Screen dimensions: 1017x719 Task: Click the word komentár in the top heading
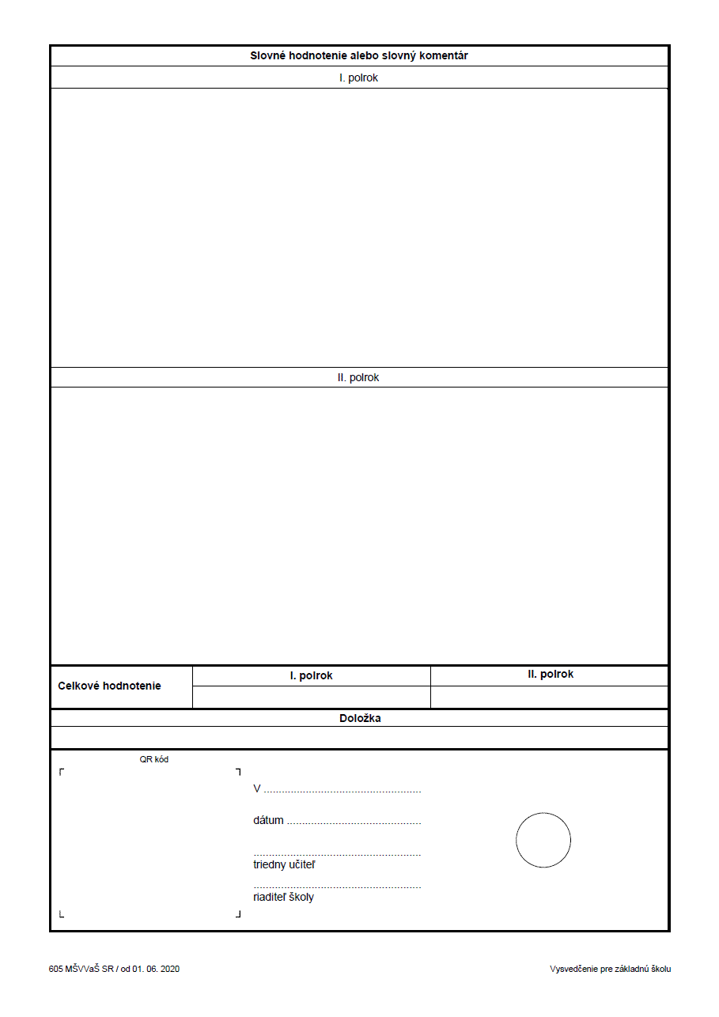(444, 56)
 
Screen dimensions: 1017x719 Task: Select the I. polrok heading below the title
(358, 78)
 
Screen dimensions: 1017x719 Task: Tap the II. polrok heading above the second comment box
(358, 378)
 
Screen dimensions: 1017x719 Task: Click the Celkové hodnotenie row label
(109, 686)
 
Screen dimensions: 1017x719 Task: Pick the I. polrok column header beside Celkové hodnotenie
(311, 676)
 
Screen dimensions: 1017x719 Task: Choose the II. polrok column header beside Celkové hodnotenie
(551, 675)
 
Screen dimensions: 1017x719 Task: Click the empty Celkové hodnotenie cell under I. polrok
(311, 698)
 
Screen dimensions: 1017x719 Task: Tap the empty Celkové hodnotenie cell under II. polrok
(550, 698)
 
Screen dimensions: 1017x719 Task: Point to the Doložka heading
(360, 719)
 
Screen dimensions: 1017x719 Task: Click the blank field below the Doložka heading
(360, 738)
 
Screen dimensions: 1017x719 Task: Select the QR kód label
(154, 760)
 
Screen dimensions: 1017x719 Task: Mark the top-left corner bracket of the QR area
(62, 771)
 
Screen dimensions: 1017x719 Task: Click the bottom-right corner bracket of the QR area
(238, 915)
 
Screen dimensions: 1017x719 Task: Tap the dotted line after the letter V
(342, 791)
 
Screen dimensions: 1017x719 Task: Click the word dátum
(268, 821)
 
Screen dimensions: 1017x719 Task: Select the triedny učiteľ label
(284, 865)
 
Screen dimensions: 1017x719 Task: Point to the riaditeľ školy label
(283, 898)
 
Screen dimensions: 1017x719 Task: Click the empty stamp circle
(543, 840)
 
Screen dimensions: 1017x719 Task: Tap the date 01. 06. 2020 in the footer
(156, 970)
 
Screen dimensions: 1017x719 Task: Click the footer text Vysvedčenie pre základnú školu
(610, 970)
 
